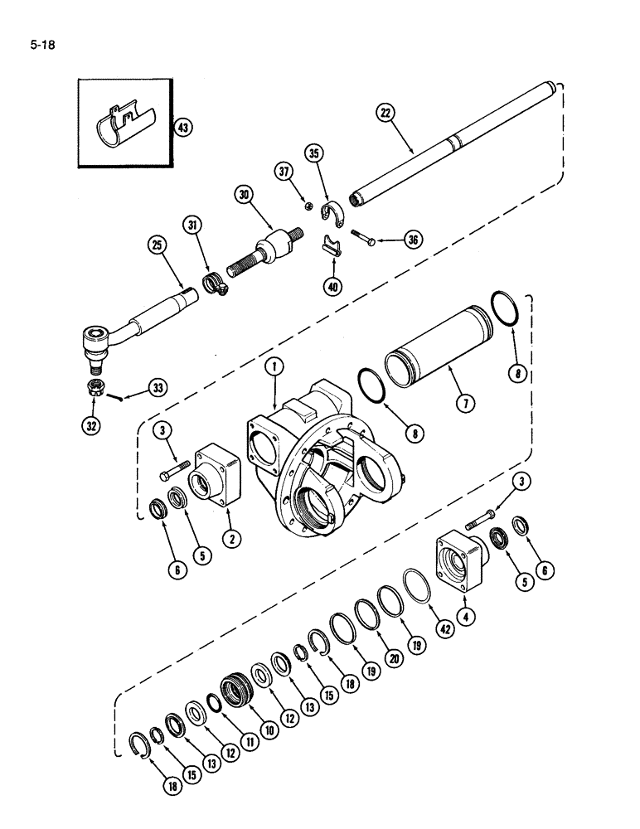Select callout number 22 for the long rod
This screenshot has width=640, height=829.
click(384, 114)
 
